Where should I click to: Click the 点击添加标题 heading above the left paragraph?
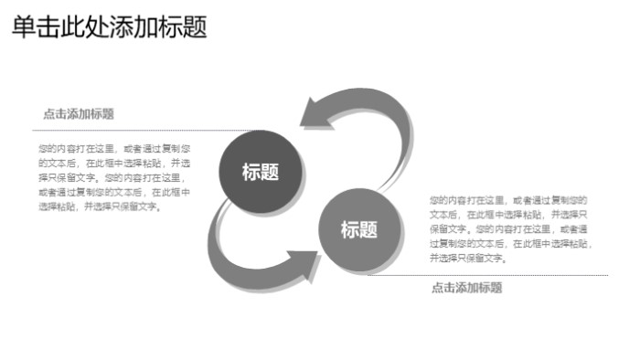[79, 114]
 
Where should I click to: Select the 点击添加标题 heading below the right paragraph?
[466, 288]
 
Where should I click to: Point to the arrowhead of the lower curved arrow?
[304, 263]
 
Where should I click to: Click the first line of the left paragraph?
[113, 148]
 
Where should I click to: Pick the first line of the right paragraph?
[508, 199]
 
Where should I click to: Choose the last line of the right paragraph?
[467, 259]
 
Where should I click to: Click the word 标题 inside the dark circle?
[260, 172]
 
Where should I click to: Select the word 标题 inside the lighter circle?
[359, 230]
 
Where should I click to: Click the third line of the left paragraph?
[113, 177]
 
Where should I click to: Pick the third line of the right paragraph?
[508, 228]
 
